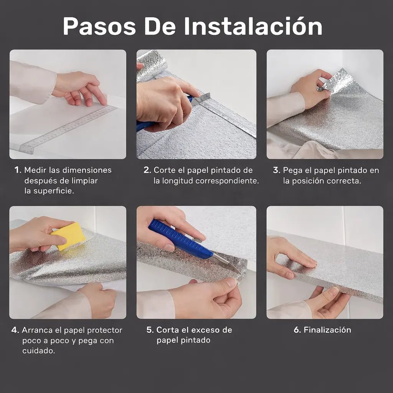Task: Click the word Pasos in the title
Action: click(99, 26)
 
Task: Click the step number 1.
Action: click(18, 170)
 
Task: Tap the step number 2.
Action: click(147, 170)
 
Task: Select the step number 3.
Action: click(276, 170)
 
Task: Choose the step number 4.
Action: click(15, 330)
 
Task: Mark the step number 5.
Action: click(150, 330)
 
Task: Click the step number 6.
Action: click(297, 330)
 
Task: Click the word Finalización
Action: click(327, 330)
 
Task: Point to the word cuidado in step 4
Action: click(39, 351)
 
